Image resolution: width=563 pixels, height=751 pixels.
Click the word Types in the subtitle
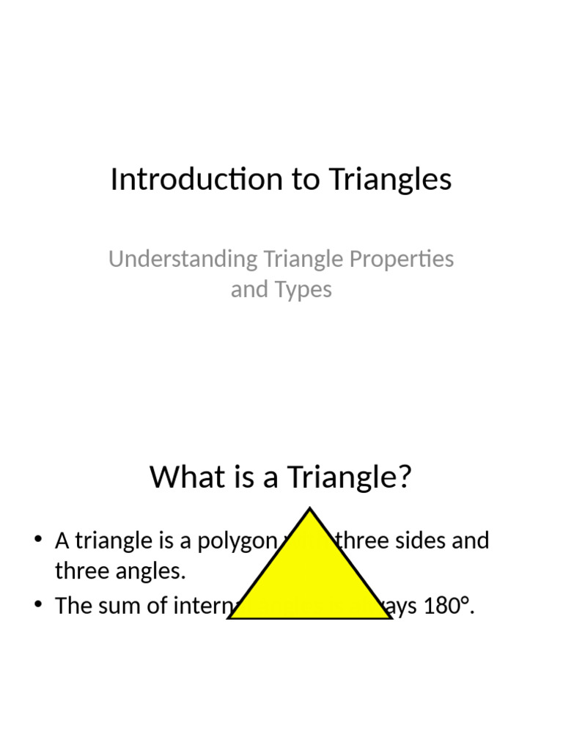click(x=301, y=290)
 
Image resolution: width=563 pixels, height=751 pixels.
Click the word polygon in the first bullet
click(x=228, y=541)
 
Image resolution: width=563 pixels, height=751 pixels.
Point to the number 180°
click(x=445, y=607)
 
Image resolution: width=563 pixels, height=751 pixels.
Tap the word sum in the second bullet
click(x=121, y=607)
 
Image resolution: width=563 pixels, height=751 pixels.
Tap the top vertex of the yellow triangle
click(x=310, y=509)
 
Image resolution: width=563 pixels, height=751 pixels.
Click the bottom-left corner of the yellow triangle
click(x=230, y=618)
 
